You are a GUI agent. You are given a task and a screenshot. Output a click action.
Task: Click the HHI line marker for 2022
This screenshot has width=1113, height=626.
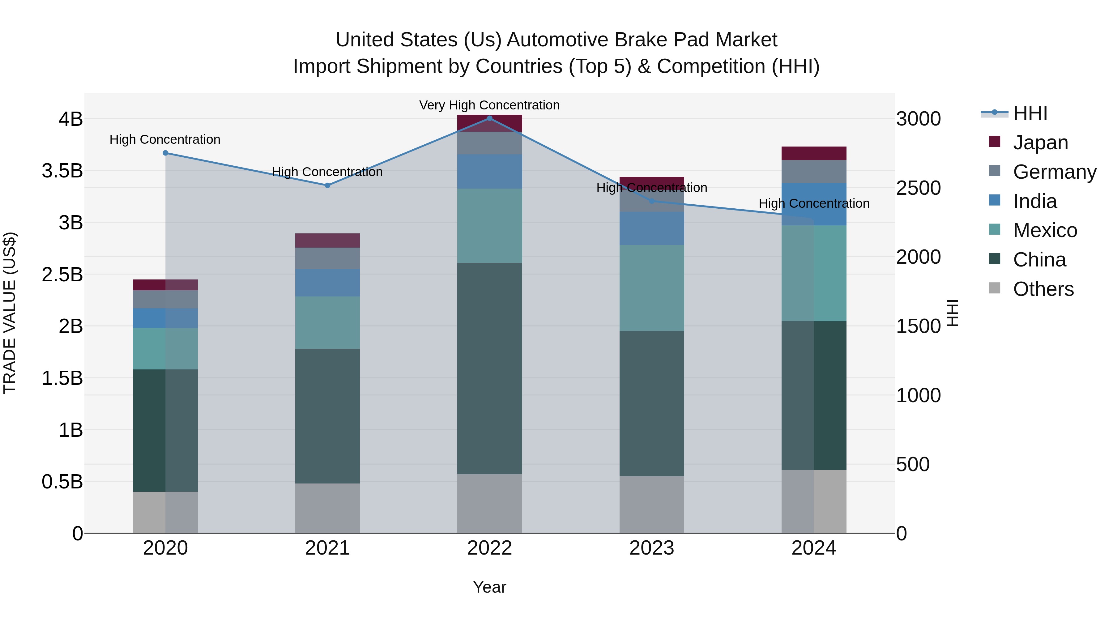tap(489, 118)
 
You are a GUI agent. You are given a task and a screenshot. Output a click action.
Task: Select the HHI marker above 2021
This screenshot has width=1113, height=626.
tap(327, 185)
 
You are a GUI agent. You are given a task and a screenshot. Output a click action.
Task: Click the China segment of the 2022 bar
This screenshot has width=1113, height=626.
tap(489, 368)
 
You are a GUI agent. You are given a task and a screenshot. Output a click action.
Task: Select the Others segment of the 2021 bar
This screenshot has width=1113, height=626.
tap(327, 508)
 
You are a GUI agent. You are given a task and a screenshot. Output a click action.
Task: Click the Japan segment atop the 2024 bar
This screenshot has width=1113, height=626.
tap(814, 153)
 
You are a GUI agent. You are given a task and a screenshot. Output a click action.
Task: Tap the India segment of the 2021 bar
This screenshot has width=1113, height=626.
tap(327, 283)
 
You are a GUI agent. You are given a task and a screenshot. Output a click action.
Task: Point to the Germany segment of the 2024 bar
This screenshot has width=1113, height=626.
tap(814, 172)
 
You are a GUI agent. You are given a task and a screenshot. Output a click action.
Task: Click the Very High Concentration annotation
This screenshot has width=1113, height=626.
tap(489, 105)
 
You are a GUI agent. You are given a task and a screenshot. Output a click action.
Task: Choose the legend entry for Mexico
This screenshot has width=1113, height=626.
tap(1044, 230)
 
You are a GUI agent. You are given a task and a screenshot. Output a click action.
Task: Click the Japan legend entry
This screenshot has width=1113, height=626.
tap(1040, 142)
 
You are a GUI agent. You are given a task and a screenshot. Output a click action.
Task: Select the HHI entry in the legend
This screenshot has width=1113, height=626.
tap(1030, 113)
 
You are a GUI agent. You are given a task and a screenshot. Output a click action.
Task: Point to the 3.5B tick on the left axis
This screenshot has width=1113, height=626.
tap(62, 171)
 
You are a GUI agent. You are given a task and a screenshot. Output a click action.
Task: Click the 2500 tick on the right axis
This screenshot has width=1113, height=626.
tap(918, 188)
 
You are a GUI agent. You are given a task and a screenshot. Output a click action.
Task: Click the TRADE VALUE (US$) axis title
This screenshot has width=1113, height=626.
tap(10, 313)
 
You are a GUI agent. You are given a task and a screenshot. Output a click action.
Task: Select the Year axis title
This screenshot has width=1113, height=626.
tap(489, 587)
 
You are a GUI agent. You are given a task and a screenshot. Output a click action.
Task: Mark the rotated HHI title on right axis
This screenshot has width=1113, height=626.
tap(952, 313)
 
